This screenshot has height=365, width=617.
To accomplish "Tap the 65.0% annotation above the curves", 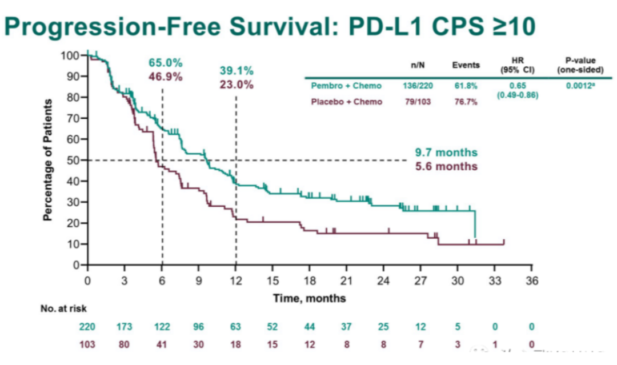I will (x=166, y=62).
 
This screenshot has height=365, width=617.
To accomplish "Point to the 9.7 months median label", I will (x=446, y=153).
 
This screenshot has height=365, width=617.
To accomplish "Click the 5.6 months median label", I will (x=446, y=166).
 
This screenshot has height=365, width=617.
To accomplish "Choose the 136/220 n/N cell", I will (x=418, y=86).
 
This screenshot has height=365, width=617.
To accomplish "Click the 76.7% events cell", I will (x=466, y=102).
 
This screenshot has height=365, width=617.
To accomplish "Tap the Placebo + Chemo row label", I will (x=346, y=102).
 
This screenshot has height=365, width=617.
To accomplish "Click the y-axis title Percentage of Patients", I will (x=49, y=160).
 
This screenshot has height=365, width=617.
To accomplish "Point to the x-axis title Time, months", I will (x=309, y=298).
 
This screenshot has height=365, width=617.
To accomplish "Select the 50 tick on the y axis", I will (x=73, y=161).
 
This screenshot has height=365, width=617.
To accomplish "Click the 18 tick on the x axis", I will (x=309, y=280).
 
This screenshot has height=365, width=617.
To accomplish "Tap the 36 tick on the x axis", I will (x=531, y=280).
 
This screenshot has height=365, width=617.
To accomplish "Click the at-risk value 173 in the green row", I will (x=124, y=327).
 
